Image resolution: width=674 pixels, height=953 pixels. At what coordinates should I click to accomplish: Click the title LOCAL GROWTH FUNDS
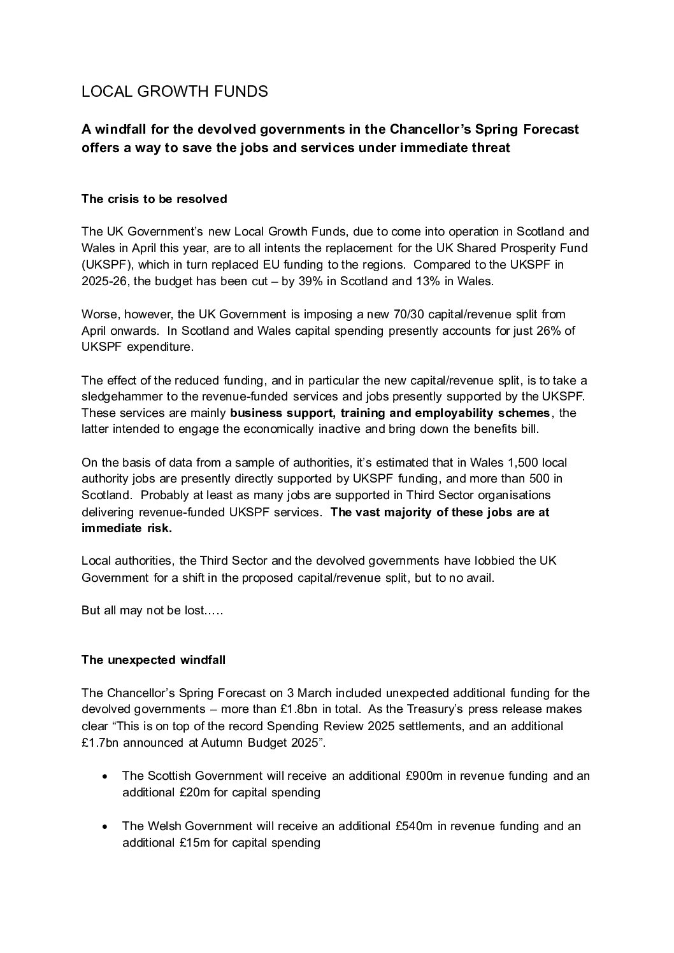(x=175, y=92)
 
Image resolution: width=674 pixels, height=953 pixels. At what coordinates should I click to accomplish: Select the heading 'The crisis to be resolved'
(x=154, y=199)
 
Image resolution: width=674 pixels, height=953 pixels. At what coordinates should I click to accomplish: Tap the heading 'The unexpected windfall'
(x=154, y=660)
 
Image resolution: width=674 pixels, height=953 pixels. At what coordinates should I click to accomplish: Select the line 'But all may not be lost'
(x=152, y=611)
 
